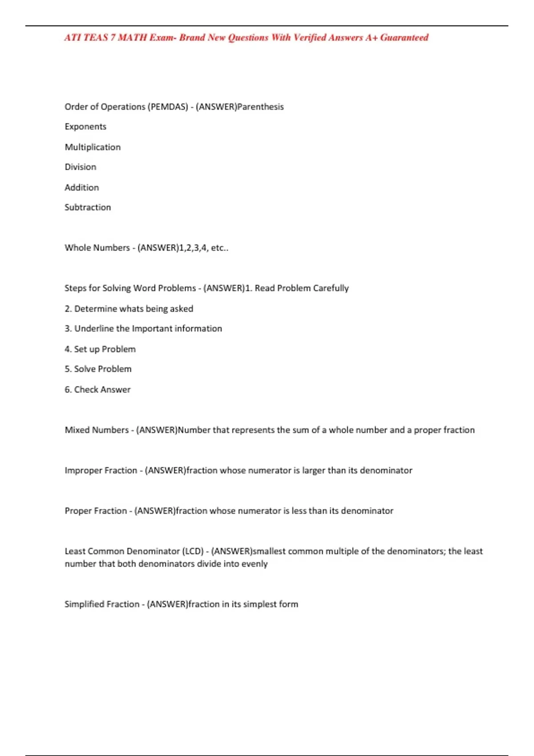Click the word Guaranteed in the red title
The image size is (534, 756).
tap(404, 38)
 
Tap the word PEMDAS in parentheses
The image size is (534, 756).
tap(169, 107)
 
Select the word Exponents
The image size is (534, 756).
tap(85, 127)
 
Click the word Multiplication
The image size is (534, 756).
tap(93, 147)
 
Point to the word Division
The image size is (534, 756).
tap(80, 167)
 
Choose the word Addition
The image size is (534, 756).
tap(82, 188)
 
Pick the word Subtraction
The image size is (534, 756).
tap(88, 207)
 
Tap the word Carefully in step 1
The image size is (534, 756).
tap(331, 288)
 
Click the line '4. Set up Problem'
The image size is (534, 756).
tap(100, 349)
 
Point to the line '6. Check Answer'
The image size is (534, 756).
tap(97, 390)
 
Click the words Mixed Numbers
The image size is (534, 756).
tap(97, 430)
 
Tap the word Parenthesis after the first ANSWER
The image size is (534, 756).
tap(261, 107)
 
